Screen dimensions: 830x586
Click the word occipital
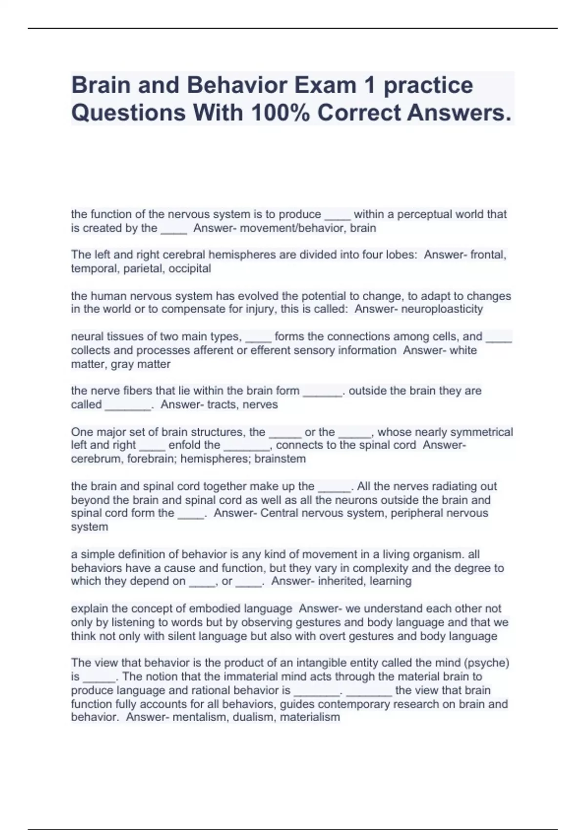pyautogui.click(x=190, y=269)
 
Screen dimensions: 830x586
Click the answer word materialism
pyautogui.click(x=310, y=717)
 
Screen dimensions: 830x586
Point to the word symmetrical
pyautogui.click(x=481, y=432)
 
